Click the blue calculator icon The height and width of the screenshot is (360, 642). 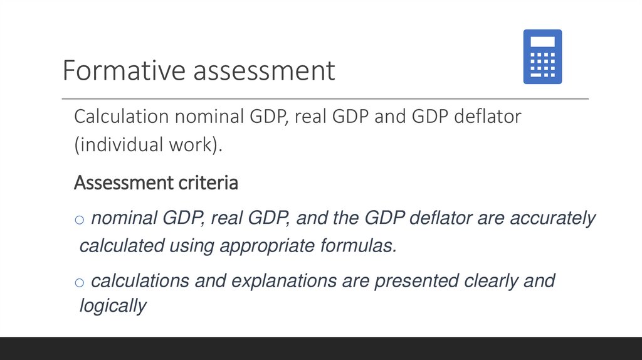(542, 56)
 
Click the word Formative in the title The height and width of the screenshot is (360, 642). (124, 70)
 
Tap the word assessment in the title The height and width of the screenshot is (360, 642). (264, 70)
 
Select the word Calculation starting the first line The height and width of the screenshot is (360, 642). (122, 117)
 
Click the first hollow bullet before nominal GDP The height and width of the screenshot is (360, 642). (79, 220)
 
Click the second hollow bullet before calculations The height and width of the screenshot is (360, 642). (79, 282)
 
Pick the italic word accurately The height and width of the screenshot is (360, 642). (552, 218)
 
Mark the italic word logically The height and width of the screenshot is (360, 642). (113, 306)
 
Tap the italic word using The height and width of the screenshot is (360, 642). (191, 245)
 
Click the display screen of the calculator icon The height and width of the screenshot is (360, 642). (542, 41)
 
